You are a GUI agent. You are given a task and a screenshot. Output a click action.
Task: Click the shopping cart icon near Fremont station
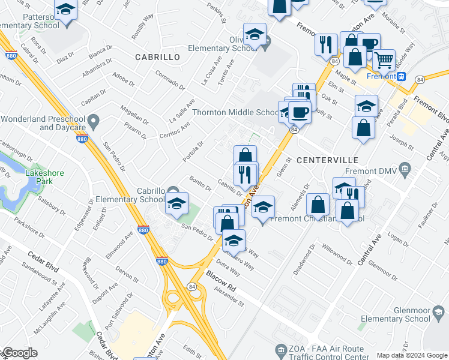point(384,60)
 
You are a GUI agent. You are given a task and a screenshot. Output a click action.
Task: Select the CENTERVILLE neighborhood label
point(327,160)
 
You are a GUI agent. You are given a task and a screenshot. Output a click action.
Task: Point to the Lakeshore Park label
point(44,176)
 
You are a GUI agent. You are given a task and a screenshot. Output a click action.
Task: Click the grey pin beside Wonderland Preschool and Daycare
point(93,123)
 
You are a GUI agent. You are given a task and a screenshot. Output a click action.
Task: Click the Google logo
point(19,353)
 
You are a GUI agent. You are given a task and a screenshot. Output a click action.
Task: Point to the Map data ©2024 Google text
point(412,356)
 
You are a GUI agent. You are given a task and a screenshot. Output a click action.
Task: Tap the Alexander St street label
point(229,295)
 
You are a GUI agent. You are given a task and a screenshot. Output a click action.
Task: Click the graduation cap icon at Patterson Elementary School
point(65,9)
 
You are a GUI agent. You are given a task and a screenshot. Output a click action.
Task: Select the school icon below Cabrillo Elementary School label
point(177,205)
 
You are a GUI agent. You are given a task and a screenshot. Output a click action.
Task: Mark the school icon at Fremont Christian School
point(263,208)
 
